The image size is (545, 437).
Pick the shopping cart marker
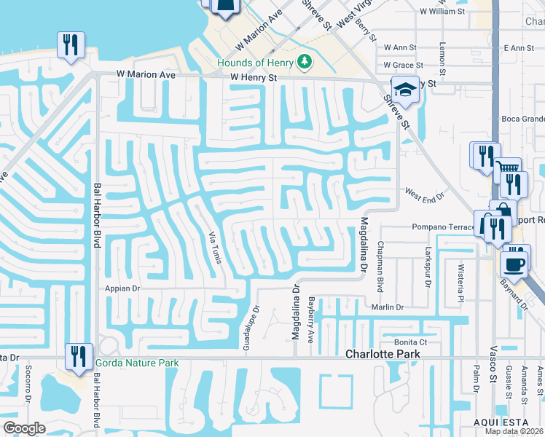509,172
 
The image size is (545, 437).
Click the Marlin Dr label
387,307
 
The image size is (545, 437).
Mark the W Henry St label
254,77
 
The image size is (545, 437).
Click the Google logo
24,428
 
